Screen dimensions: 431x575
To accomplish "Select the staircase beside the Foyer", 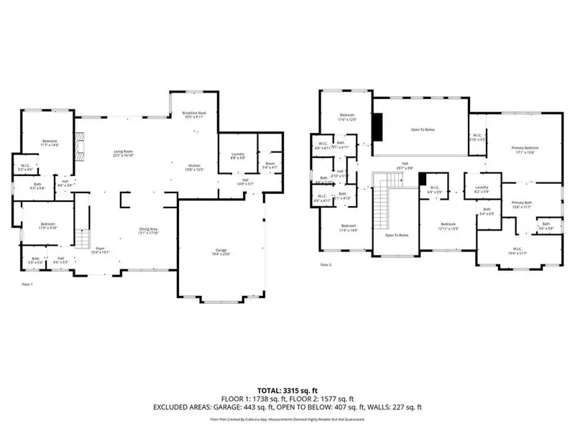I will click(x=83, y=237).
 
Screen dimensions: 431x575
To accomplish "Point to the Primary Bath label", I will click(x=522, y=205).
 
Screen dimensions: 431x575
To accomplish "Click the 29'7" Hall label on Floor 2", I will click(x=405, y=166).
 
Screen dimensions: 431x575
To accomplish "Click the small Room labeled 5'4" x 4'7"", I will click(x=270, y=165).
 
